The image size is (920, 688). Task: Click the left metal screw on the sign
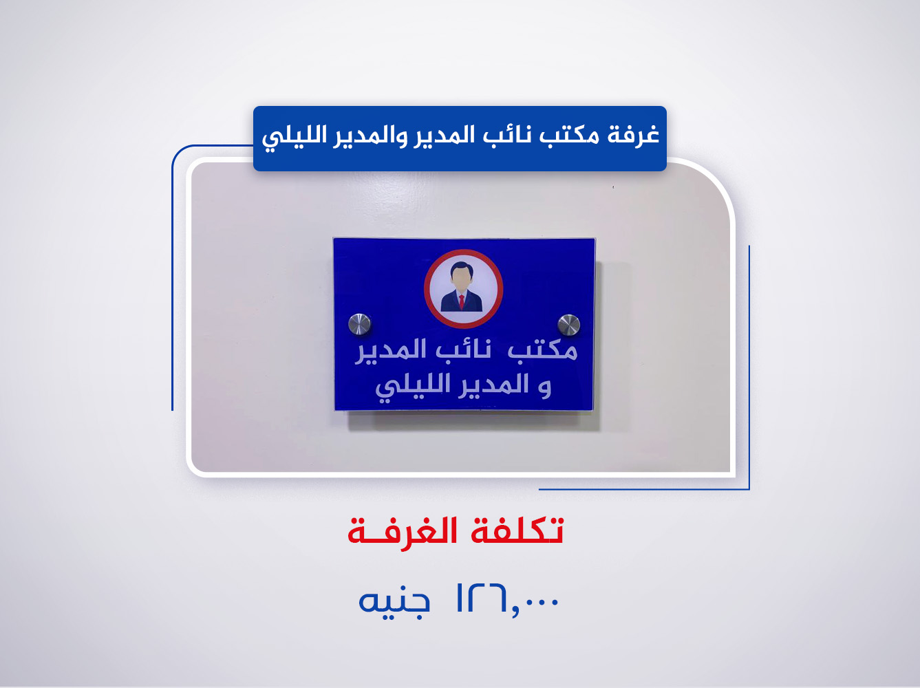(359, 324)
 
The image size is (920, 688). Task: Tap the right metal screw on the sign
(568, 325)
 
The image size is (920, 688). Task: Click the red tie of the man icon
(462, 301)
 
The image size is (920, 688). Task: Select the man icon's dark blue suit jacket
(451, 302)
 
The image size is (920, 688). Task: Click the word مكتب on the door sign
(543, 351)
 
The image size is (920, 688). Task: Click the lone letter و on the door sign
(545, 387)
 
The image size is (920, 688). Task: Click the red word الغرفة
(403, 531)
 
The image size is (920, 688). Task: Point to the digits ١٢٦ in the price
(480, 599)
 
